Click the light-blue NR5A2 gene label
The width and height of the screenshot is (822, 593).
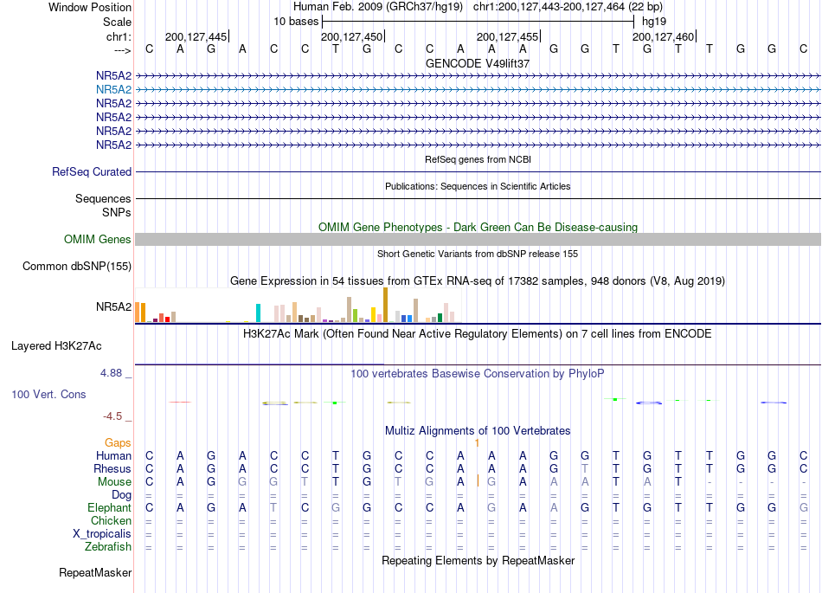[113, 90]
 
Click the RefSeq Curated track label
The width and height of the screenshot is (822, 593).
[92, 172]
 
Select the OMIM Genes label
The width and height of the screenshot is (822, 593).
[98, 240]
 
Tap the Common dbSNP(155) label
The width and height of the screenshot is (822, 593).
[77, 267]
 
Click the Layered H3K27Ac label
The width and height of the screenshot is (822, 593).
[56, 346]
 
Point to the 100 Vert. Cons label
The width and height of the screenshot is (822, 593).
[48, 394]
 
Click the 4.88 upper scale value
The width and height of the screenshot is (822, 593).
[111, 373]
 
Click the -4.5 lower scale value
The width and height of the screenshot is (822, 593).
[112, 416]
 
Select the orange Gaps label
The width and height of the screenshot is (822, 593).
[118, 443]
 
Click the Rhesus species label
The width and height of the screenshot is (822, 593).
[112, 468]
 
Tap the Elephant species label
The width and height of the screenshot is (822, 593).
[110, 508]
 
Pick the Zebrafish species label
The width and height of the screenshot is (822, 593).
[108, 547]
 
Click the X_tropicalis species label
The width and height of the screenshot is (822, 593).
[102, 534]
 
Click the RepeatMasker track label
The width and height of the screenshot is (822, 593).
[95, 572]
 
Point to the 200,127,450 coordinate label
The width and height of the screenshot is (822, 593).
[352, 36]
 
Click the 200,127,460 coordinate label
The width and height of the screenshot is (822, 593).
[663, 36]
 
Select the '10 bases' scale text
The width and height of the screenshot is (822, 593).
[296, 22]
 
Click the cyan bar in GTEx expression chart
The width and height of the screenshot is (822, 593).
[258, 313]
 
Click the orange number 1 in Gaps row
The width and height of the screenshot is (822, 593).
[477, 443]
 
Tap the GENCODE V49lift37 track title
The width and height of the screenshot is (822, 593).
[478, 63]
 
